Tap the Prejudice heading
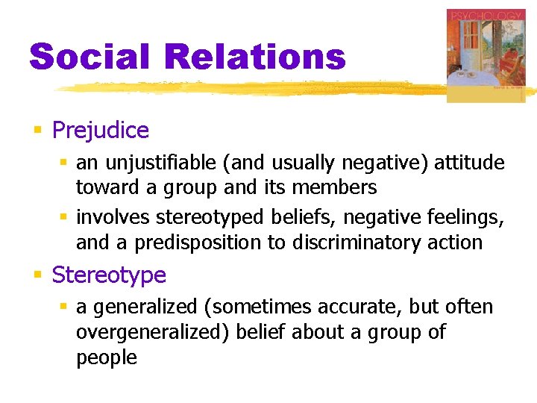click(100, 131)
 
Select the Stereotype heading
click(108, 275)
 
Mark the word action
click(456, 243)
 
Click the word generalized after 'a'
click(144, 307)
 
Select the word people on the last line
click(106, 357)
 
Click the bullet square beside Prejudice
click(37, 131)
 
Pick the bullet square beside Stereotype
click(37, 275)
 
